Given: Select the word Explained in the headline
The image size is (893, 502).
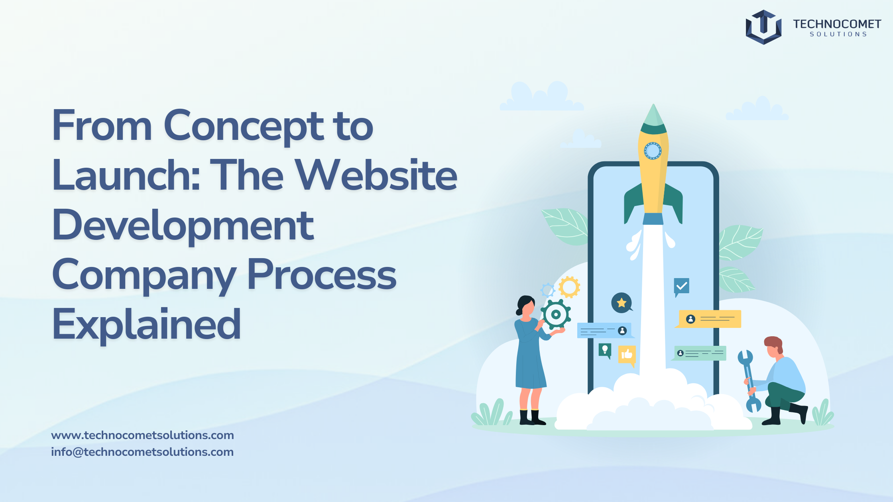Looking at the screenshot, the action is (147, 325).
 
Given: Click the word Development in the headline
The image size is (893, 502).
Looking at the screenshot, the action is (183, 226).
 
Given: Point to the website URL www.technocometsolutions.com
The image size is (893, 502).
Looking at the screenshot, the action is (142, 435).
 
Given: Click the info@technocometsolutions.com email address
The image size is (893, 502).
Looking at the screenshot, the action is (142, 452).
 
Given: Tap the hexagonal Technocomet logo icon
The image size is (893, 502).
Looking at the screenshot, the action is (763, 27).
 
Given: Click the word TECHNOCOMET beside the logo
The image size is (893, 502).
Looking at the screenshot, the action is (837, 24).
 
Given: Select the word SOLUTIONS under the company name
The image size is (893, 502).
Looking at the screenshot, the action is (838, 34).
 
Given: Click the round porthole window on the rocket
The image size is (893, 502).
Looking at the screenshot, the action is (653, 151).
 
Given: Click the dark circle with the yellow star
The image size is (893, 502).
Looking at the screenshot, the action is (622, 303).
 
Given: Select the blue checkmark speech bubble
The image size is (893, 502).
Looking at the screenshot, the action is (681, 287).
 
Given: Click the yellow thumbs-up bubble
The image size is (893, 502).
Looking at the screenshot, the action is (627, 355).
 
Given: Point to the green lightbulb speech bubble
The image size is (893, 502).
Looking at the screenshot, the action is (605, 351).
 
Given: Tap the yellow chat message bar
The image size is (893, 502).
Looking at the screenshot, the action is (709, 319).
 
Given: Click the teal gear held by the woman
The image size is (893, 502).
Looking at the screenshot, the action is (556, 314).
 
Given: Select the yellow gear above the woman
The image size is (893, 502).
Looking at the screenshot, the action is (569, 287).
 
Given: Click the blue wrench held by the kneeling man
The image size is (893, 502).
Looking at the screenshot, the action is (749, 380).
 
